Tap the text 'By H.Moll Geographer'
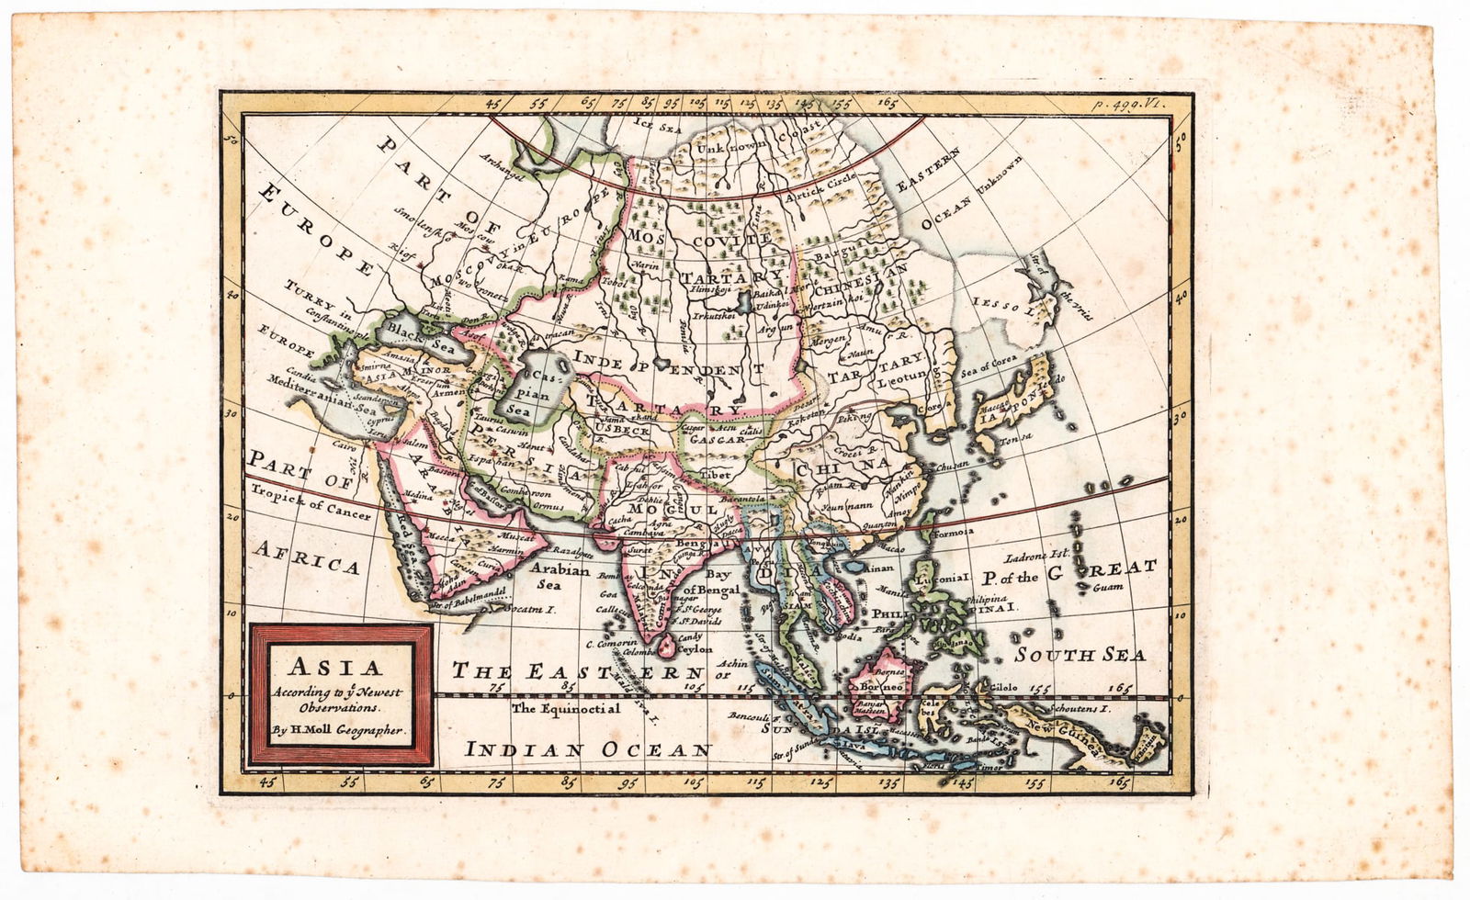coord(338,731)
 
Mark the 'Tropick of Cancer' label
coord(310,501)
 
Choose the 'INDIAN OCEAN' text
coord(588,749)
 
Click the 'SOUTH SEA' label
coord(1080,655)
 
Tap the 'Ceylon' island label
coord(695,648)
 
